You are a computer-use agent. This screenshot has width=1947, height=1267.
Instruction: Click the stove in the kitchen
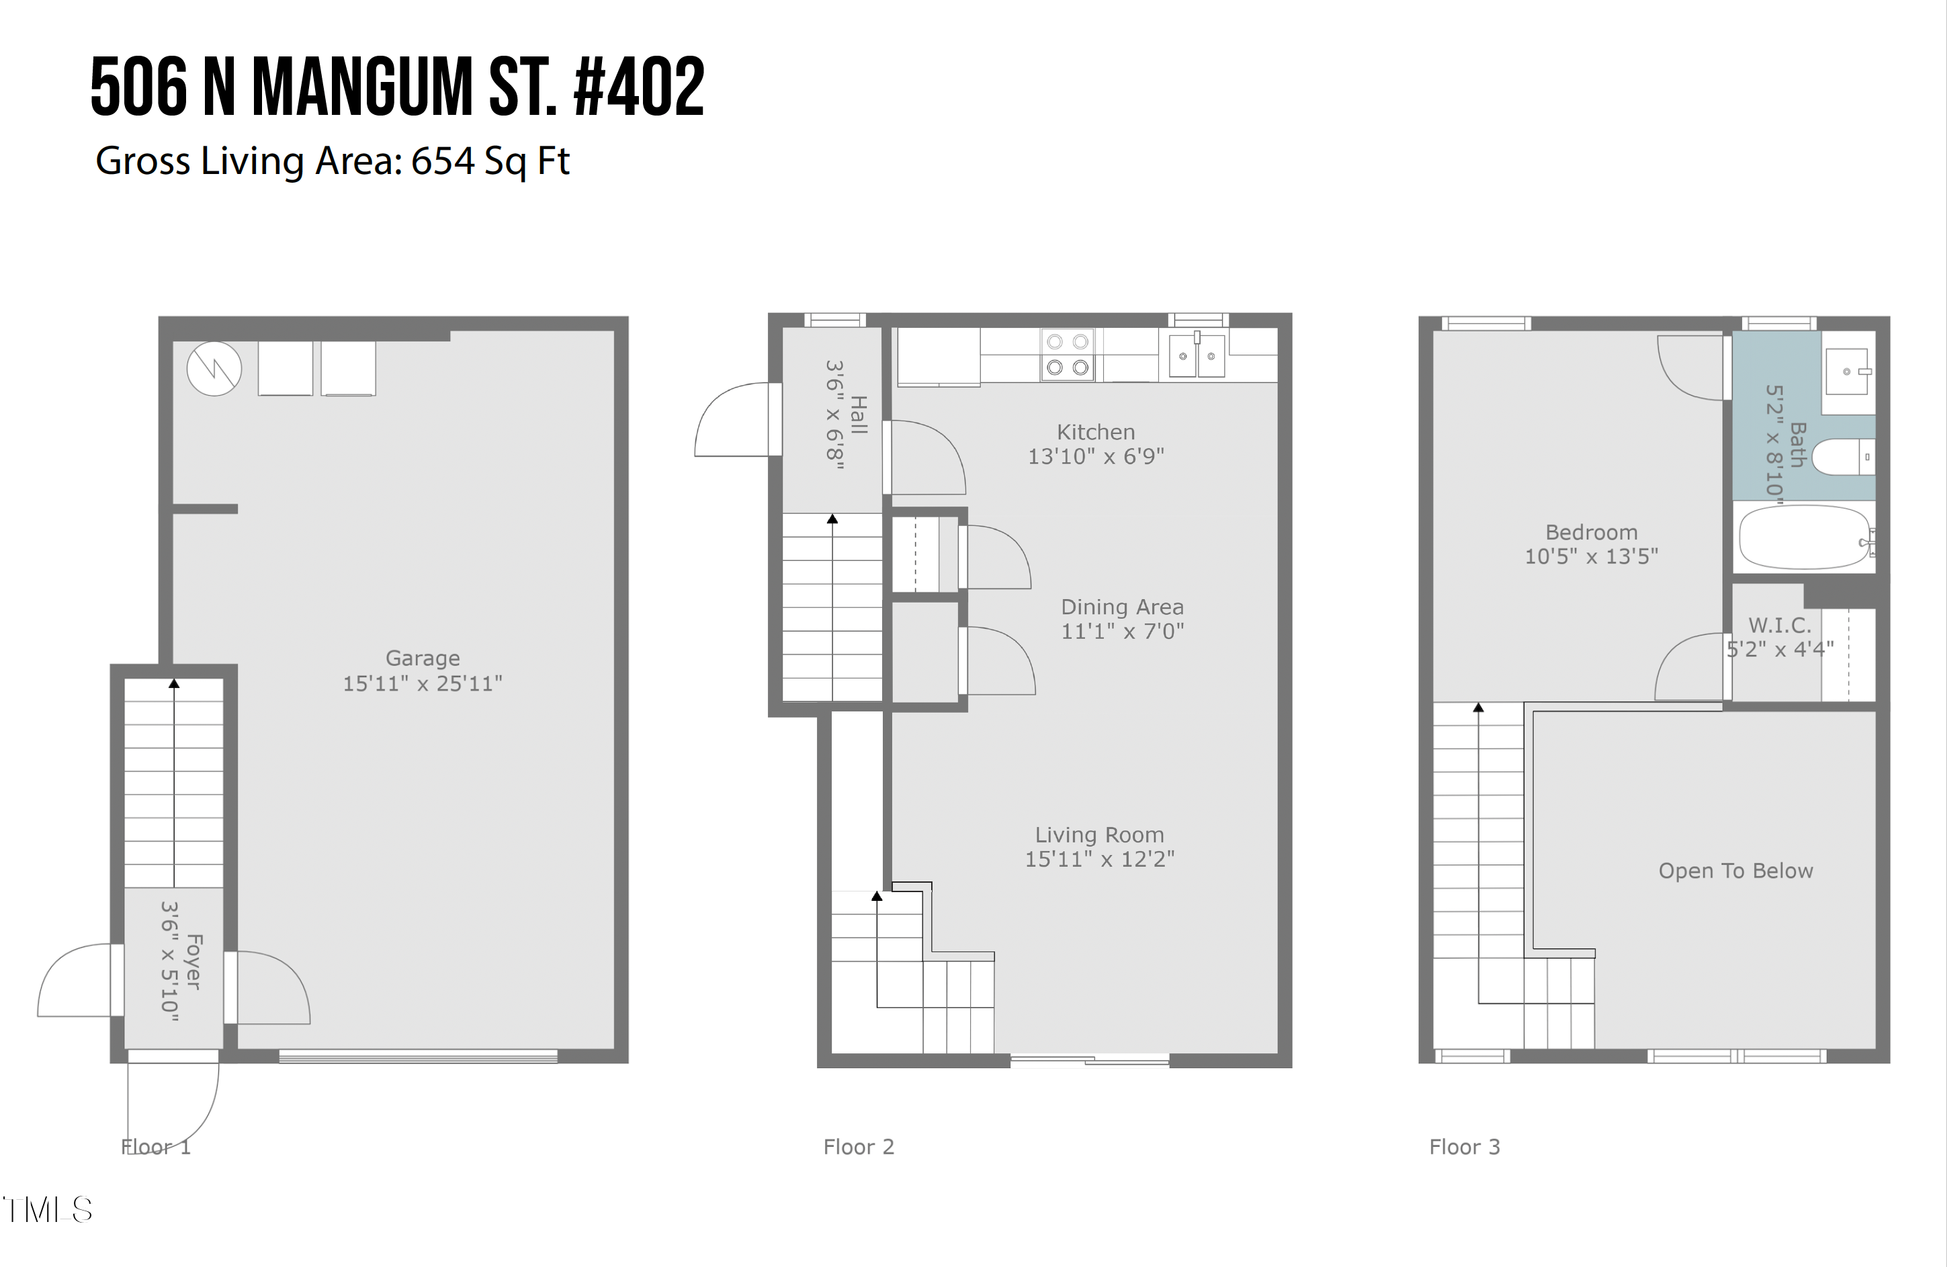click(1068, 354)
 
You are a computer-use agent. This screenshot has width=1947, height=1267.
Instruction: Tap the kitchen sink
click(1197, 356)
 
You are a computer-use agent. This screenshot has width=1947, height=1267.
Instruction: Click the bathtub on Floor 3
click(1805, 537)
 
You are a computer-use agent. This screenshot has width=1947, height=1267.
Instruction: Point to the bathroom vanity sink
click(1847, 372)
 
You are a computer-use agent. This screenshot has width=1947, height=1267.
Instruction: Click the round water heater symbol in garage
click(214, 369)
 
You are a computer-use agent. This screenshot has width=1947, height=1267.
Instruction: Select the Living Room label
click(1100, 835)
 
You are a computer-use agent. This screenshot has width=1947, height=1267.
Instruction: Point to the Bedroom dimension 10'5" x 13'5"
click(1591, 557)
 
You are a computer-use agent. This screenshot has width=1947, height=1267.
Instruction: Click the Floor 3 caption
click(1465, 1147)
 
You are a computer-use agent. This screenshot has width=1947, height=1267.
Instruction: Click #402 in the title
click(639, 87)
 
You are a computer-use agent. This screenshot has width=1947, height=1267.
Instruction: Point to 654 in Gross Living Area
click(443, 161)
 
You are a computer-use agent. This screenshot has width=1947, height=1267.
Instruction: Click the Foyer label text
click(193, 962)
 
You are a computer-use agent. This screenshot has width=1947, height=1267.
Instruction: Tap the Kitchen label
click(1095, 432)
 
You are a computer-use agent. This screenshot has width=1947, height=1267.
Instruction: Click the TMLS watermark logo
click(48, 1210)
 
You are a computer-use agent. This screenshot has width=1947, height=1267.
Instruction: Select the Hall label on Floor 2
click(858, 414)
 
